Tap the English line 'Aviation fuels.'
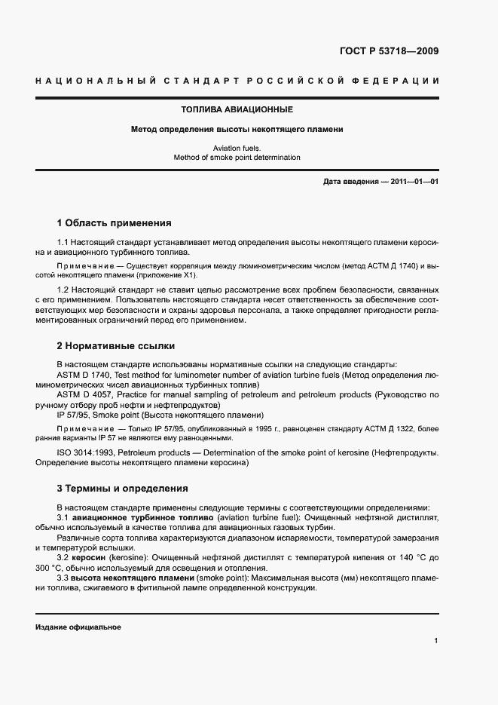point(237,149)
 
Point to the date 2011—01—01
point(414,182)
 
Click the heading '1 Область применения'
point(114,223)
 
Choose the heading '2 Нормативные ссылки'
point(116,346)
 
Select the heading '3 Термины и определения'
point(122,489)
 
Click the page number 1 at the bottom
point(436,641)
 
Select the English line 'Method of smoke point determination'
point(237,158)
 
